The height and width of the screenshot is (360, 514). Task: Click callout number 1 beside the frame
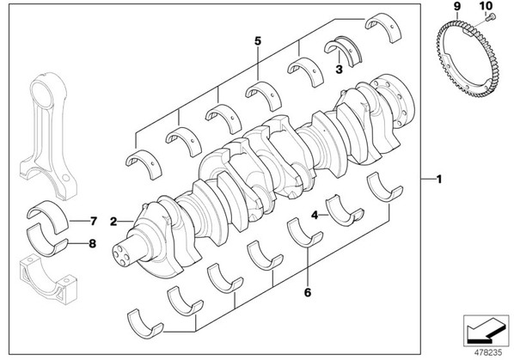click(439, 180)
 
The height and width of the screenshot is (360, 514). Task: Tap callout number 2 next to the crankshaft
click(113, 222)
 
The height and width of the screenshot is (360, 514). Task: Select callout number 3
click(339, 69)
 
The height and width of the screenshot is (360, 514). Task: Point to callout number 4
click(315, 215)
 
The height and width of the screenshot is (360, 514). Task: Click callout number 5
click(258, 41)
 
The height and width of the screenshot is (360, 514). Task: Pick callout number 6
click(307, 292)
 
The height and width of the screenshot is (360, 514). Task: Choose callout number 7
click(94, 221)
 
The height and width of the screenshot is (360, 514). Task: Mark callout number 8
click(93, 244)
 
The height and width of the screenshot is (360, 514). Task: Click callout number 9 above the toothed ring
click(457, 6)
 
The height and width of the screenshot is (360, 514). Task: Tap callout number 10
click(486, 6)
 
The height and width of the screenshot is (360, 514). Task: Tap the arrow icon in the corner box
click(486, 331)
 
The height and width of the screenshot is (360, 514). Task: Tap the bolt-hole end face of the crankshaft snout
click(119, 255)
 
